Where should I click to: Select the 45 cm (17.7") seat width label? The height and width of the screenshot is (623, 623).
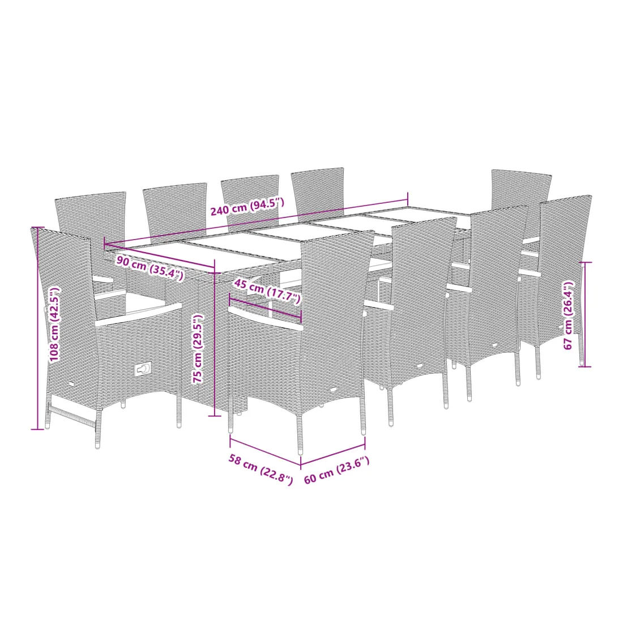click(267, 291)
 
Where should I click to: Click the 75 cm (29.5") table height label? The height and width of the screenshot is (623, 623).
click(198, 349)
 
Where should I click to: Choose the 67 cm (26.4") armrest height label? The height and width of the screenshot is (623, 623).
click(569, 315)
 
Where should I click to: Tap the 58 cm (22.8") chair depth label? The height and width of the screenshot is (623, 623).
click(261, 470)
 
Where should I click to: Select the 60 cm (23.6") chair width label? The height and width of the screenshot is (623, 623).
click(337, 471)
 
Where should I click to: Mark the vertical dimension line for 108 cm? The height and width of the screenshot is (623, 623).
click(38, 328)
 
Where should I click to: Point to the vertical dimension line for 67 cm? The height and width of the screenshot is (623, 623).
click(585, 314)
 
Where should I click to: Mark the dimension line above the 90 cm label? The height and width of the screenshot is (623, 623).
click(159, 258)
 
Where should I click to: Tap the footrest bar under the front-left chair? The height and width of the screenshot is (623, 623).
click(72, 415)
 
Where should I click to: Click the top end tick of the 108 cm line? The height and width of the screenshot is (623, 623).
click(38, 227)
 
